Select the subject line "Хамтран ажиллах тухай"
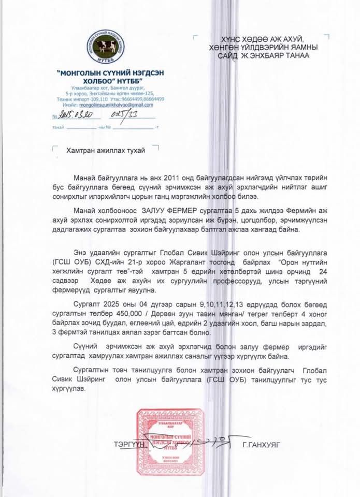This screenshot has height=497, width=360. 106,150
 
